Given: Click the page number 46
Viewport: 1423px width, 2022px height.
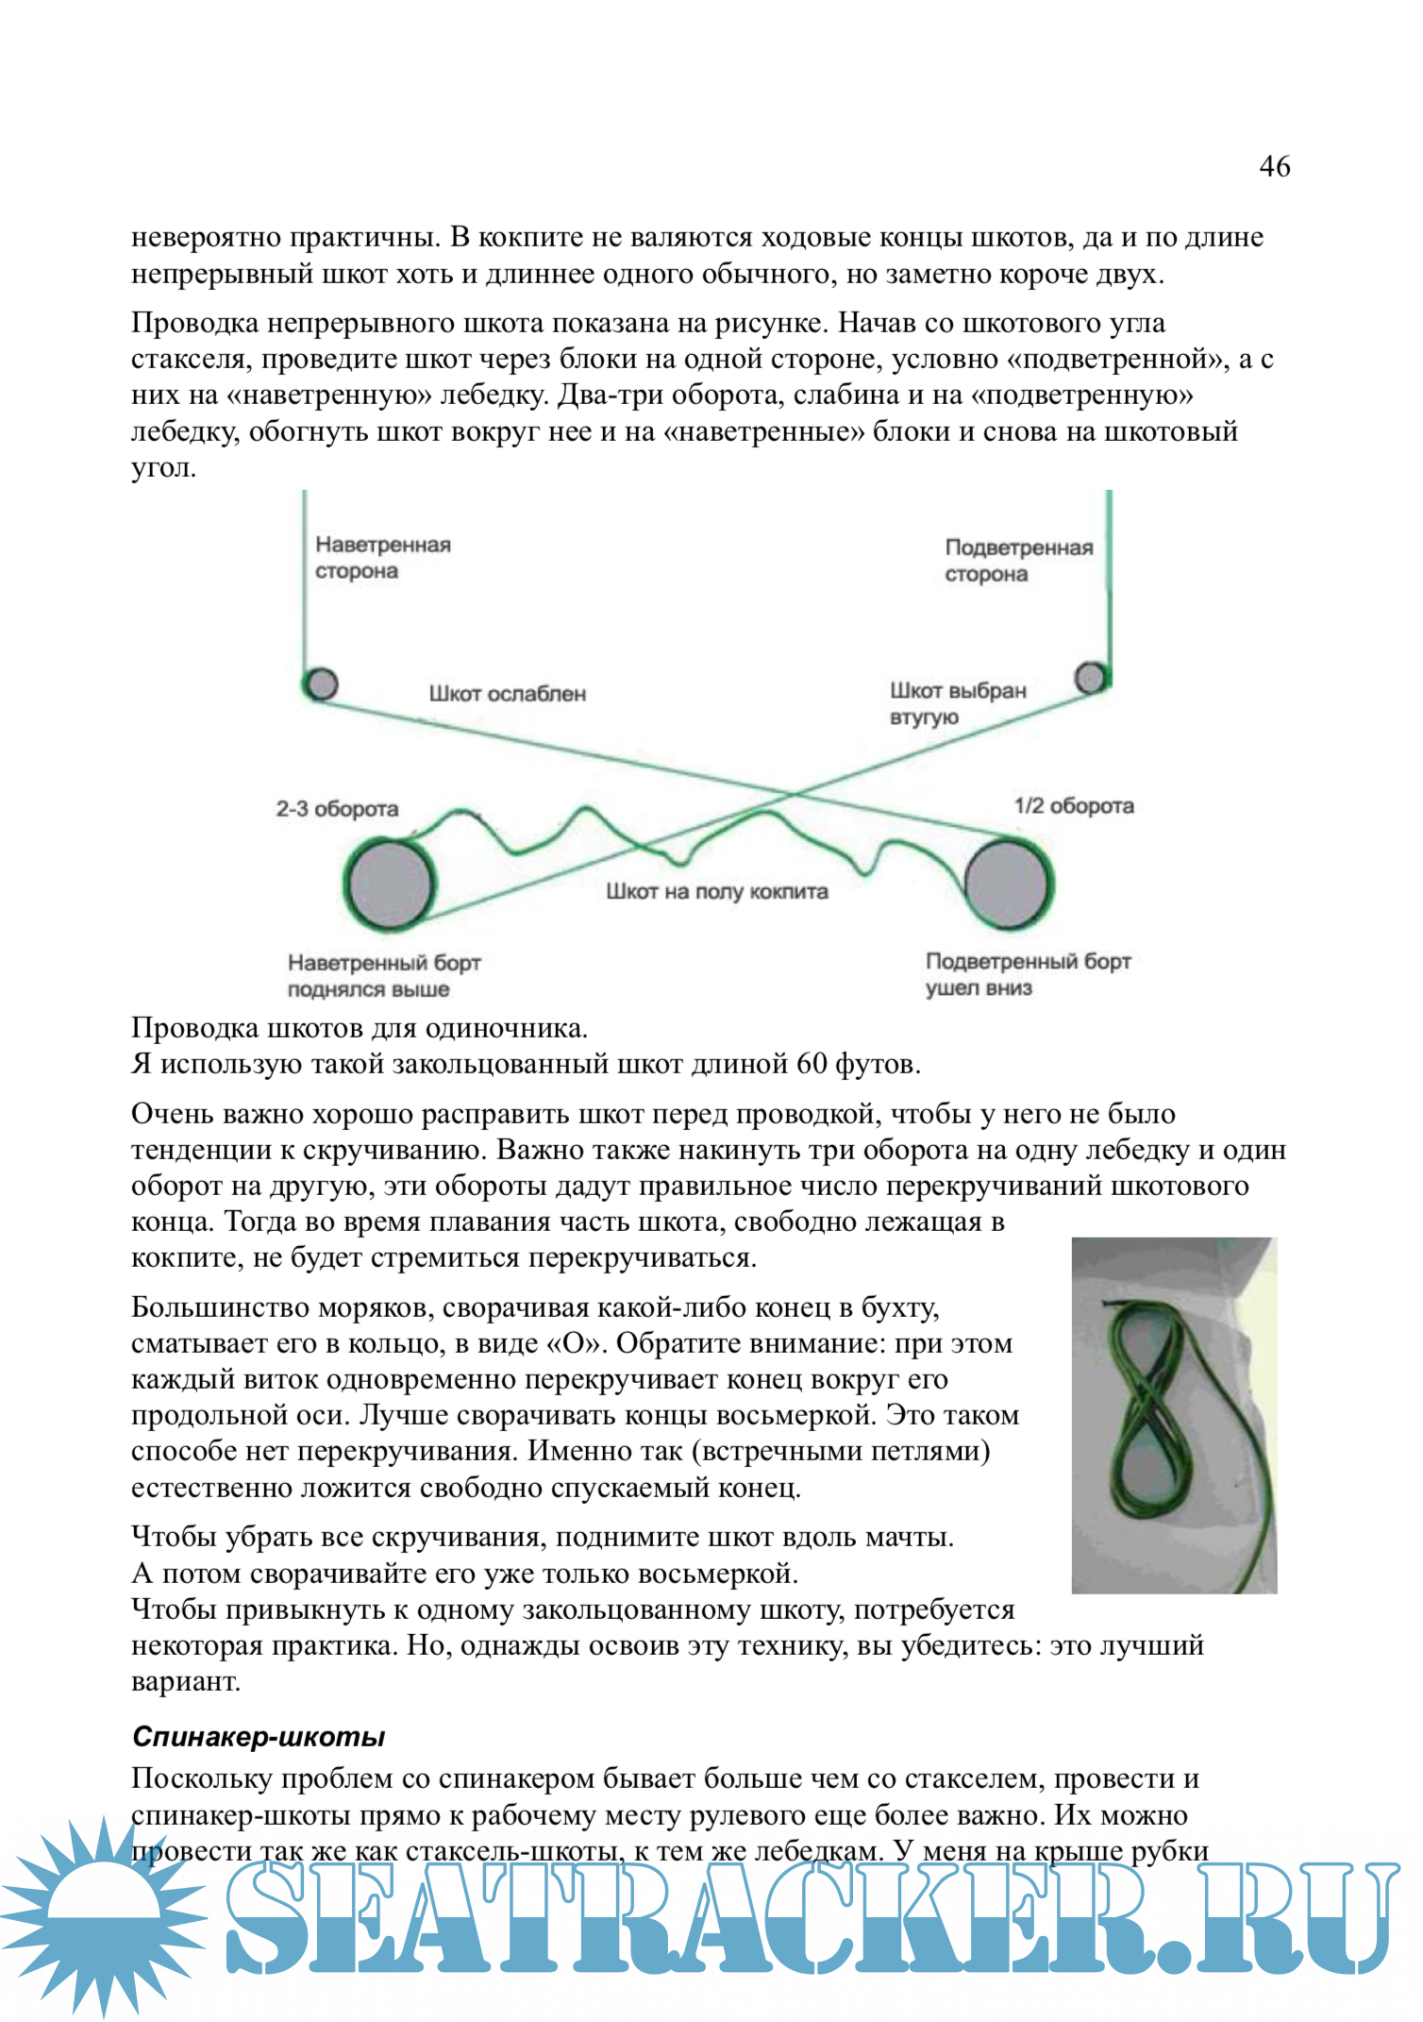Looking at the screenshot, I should pyautogui.click(x=1274, y=166).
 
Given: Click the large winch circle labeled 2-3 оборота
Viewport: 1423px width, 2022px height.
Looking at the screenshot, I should pyautogui.click(x=390, y=885).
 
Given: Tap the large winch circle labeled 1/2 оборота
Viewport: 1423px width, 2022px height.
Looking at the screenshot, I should pyautogui.click(x=1007, y=884).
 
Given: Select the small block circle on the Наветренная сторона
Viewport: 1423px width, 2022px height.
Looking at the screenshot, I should pyautogui.click(x=322, y=683).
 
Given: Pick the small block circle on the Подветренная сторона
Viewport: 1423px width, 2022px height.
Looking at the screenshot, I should pyautogui.click(x=1091, y=677).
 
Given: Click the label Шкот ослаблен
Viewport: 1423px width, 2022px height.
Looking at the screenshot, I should pyautogui.click(x=507, y=694).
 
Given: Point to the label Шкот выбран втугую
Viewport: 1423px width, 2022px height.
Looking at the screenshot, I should pyautogui.click(x=957, y=703).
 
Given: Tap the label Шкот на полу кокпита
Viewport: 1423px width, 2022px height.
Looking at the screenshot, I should pyautogui.click(x=716, y=892).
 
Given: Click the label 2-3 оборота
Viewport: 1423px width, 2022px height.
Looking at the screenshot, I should pyautogui.click(x=337, y=809).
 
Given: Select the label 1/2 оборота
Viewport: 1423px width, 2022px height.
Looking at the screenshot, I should pyautogui.click(x=1073, y=806).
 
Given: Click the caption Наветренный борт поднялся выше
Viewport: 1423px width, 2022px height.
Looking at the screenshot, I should pyautogui.click(x=383, y=976).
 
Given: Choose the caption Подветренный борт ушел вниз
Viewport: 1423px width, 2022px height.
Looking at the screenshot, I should pyautogui.click(x=1027, y=974).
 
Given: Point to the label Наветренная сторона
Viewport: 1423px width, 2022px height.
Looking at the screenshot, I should pyautogui.click(x=382, y=558).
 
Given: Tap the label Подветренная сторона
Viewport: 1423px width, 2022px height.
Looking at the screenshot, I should pyautogui.click(x=1018, y=561).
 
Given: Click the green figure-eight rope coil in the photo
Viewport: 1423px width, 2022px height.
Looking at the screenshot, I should pyautogui.click(x=1147, y=1407).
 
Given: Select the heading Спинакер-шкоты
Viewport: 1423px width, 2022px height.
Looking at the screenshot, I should pyautogui.click(x=259, y=1737).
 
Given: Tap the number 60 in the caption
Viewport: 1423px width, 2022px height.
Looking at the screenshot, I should pyautogui.click(x=812, y=1064).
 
